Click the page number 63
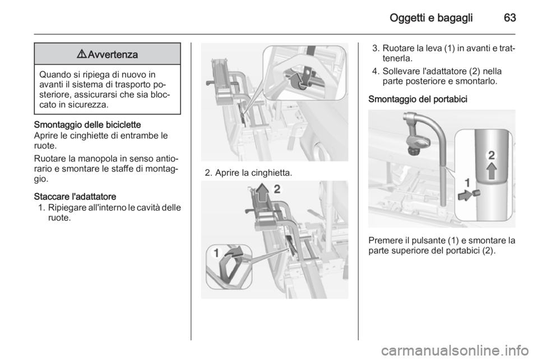tap(509, 18)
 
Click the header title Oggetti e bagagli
tap(431, 18)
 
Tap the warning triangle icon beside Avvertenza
tap(82, 54)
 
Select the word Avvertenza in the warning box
tap(113, 54)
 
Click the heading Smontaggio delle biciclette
tap(87, 124)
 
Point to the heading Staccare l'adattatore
tap(75, 197)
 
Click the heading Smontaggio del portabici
tap(418, 99)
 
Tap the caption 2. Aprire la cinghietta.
tap(248, 173)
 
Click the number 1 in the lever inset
tap(216, 253)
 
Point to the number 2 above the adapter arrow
tap(277, 189)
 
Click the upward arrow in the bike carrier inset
tap(491, 170)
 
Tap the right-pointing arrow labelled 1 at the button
tap(465, 195)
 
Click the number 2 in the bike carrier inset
tap(491, 155)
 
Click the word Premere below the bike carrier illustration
tap(384, 241)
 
